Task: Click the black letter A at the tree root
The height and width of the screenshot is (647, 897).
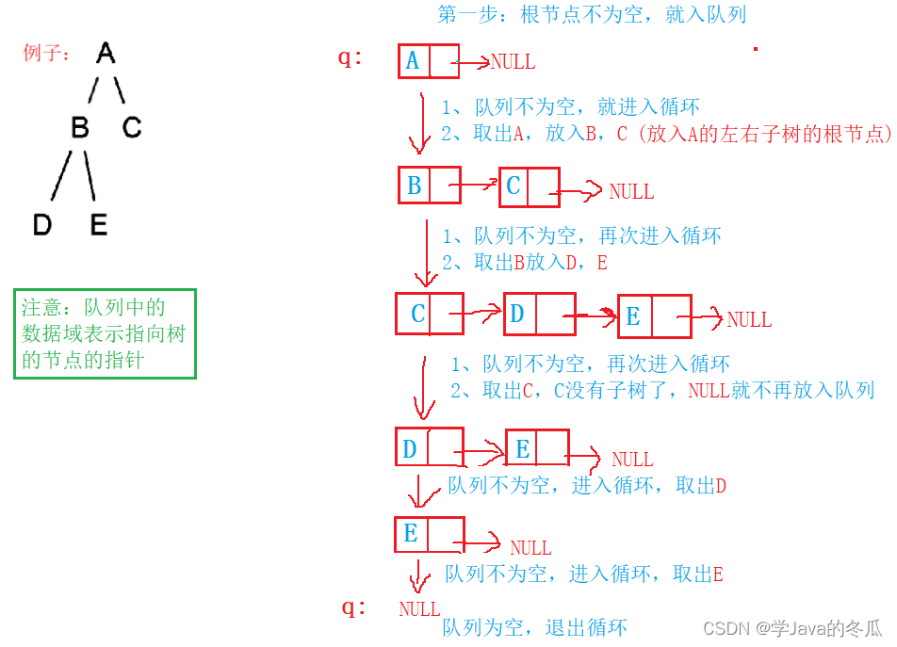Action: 106,54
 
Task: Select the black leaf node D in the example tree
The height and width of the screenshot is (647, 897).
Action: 41,225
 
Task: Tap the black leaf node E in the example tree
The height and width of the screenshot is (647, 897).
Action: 99,225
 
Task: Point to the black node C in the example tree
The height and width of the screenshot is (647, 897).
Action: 131,126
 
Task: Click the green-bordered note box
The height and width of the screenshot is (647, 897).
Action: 105,333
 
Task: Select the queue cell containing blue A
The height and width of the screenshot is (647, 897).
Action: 413,61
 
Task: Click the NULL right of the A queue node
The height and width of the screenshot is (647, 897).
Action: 512,62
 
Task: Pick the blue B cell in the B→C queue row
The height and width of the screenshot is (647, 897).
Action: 415,186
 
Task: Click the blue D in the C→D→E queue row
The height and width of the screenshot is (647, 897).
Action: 517,313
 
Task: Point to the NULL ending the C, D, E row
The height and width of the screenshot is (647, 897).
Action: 749,320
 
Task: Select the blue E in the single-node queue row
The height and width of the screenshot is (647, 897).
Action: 411,534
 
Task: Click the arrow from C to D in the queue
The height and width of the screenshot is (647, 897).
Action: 483,314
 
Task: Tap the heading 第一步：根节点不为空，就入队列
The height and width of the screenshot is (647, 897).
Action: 592,14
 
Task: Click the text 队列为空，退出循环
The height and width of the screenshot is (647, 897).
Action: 534,627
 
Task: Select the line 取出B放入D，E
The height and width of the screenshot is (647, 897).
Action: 524,263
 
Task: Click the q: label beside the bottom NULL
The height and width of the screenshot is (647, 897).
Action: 354,607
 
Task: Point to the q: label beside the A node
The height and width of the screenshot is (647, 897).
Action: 351,57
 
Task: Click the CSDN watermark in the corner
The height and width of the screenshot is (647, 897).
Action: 792,627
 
